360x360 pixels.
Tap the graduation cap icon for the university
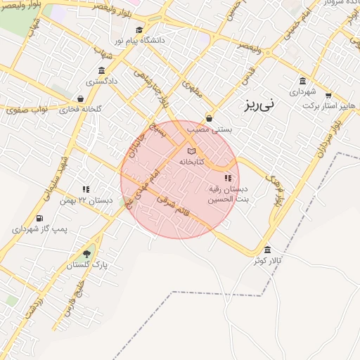pyautogui.click(x=139, y=30)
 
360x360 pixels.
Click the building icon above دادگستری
pyautogui.click(x=102, y=71)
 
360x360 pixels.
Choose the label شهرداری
pyautogui.click(x=303, y=91)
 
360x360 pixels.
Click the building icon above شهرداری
pyautogui.click(x=302, y=81)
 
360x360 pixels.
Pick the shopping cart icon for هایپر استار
pyautogui.click(x=328, y=95)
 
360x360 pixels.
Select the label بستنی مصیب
pyautogui.click(x=209, y=129)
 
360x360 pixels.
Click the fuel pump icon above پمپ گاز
pyautogui.click(x=39, y=218)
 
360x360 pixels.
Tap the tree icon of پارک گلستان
pyautogui.click(x=86, y=254)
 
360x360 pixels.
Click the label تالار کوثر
pyautogui.click(x=269, y=261)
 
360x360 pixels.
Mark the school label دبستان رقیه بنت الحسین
pyautogui.click(x=228, y=194)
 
